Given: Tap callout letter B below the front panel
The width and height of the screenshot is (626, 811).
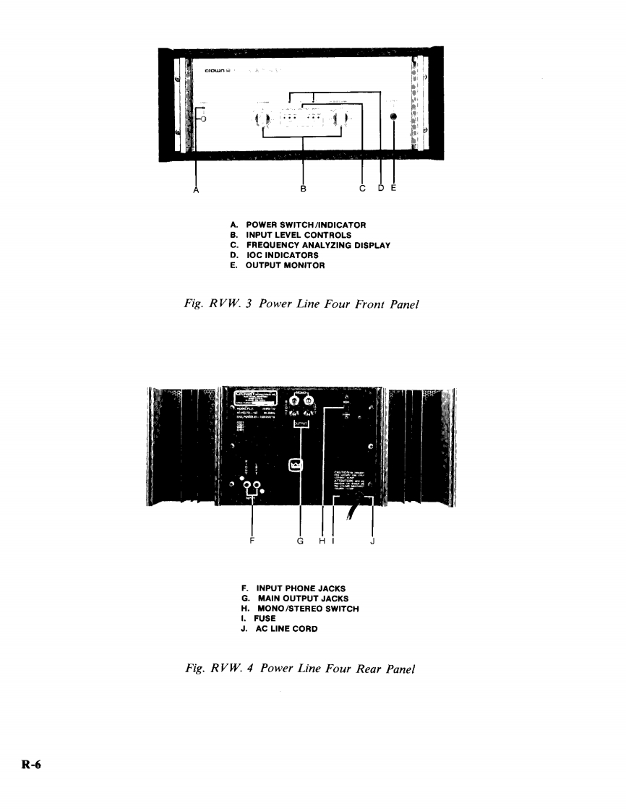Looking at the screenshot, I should [303, 189].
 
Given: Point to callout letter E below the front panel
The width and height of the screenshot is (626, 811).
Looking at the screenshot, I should [393, 189].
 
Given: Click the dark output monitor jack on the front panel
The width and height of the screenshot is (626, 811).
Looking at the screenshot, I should [393, 118].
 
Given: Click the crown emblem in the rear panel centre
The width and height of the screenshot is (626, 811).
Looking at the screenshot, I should [295, 465].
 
